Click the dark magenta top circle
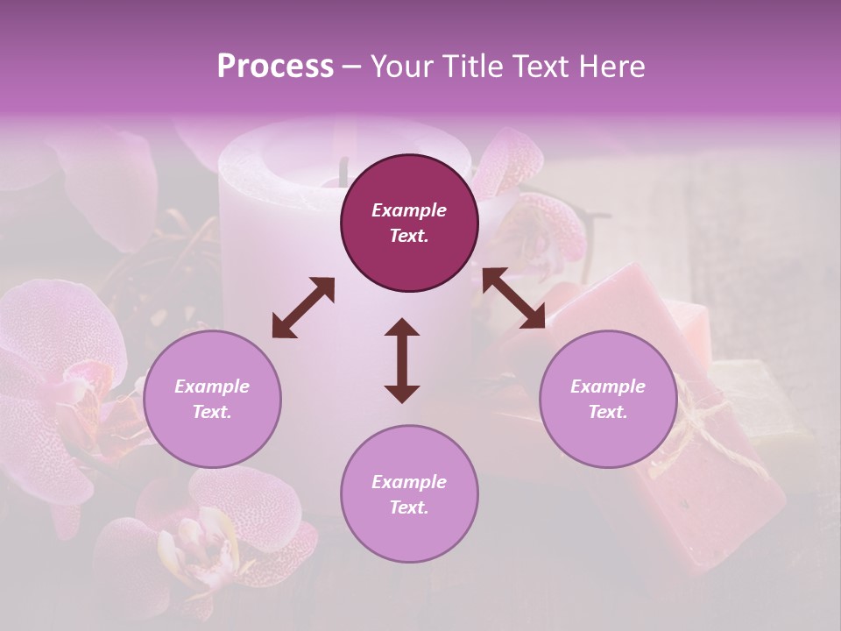click(x=409, y=223)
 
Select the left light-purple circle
click(x=212, y=400)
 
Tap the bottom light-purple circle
click(x=409, y=494)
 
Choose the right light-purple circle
click(x=607, y=400)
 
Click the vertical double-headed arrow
click(x=402, y=360)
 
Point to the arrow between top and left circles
click(x=303, y=308)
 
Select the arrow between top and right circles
click(x=513, y=298)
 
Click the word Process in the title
click(x=275, y=67)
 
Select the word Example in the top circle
click(x=409, y=210)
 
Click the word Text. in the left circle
click(x=212, y=413)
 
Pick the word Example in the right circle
click(x=607, y=386)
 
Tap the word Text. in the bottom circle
click(x=409, y=507)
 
